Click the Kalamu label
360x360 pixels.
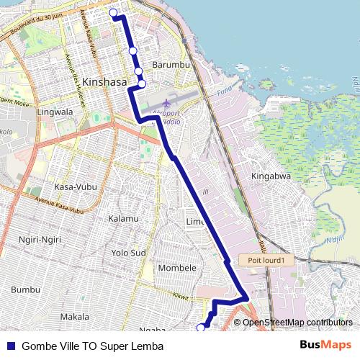click(x=122, y=218)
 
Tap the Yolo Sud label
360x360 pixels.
click(x=128, y=253)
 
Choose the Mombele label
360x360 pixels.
click(x=177, y=268)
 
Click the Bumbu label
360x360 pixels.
click(x=25, y=289)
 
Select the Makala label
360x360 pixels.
click(x=74, y=316)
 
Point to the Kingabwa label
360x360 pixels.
click(x=270, y=176)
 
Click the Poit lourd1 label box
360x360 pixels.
click(x=266, y=261)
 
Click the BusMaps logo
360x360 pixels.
click(x=326, y=345)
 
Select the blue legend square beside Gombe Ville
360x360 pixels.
click(x=11, y=346)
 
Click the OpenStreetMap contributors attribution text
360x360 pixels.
click(x=297, y=323)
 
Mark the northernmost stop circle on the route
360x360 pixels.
click(x=113, y=12)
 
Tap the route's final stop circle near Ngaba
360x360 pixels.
click(x=201, y=328)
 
